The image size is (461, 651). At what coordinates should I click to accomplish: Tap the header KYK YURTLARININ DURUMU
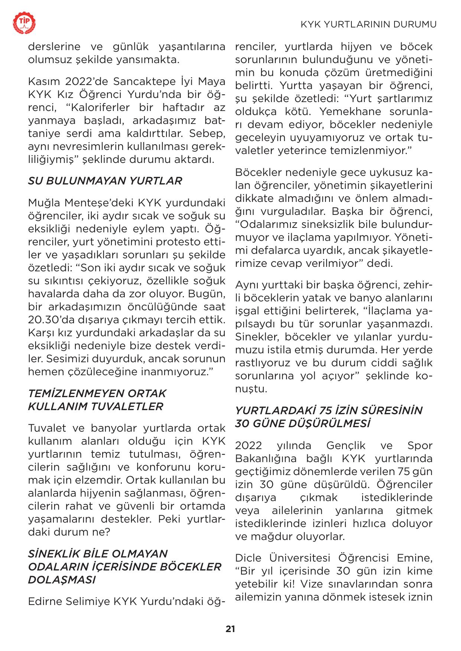[368, 24]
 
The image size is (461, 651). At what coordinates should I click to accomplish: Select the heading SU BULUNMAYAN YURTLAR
[105, 181]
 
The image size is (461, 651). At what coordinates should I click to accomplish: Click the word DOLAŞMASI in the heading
[62, 580]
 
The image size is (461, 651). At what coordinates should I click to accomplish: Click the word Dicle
[249, 558]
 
